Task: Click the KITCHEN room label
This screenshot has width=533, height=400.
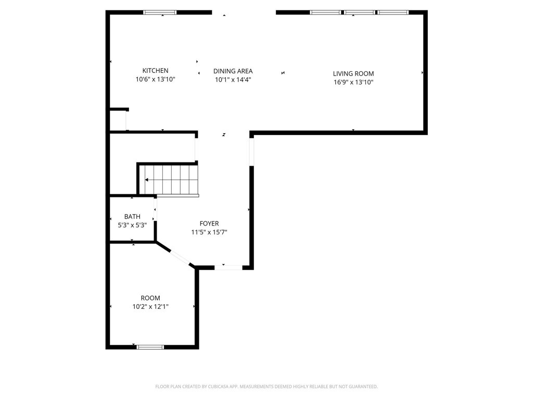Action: click(155, 71)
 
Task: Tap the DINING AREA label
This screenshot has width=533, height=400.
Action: click(233, 71)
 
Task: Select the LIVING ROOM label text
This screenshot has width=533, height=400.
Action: click(353, 73)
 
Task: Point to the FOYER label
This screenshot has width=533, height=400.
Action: click(209, 223)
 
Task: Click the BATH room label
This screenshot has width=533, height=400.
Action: click(132, 217)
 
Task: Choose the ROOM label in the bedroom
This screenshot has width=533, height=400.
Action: click(150, 298)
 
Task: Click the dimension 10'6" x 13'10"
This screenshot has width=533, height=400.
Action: click(155, 80)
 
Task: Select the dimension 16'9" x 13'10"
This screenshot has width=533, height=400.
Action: click(353, 82)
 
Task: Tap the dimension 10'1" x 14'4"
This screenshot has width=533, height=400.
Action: click(233, 80)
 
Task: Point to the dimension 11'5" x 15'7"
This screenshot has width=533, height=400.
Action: click(209, 232)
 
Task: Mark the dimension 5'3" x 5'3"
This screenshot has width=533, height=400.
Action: click(132, 226)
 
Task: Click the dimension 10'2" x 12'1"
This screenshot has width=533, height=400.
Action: click(150, 307)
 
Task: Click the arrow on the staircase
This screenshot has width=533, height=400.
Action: click(148, 180)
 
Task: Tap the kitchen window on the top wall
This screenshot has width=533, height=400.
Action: click(160, 12)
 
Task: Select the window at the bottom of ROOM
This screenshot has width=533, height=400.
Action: click(150, 347)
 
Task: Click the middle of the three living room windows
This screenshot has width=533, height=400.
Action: click(359, 12)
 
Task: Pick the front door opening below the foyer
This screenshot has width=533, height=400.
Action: click(229, 267)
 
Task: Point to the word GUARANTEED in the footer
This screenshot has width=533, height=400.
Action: click(360, 386)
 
